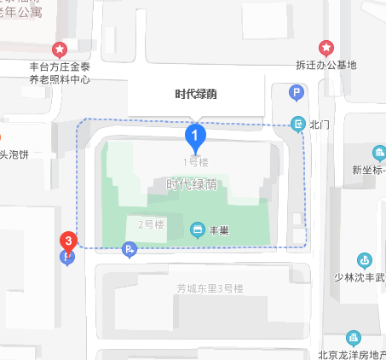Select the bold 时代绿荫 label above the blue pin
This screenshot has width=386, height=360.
196,94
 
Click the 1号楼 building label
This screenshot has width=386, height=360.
196,161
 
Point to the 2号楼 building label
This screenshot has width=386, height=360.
151,224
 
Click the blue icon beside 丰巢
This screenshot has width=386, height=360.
197,229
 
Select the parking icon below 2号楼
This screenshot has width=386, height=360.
129,250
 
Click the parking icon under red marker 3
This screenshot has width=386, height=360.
68,258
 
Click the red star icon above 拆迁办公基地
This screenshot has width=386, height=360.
326,47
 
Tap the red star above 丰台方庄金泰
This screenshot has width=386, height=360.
59,49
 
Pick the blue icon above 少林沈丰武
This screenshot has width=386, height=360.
365,259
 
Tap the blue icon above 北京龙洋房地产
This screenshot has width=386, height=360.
353,339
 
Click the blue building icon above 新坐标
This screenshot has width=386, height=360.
379,154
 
